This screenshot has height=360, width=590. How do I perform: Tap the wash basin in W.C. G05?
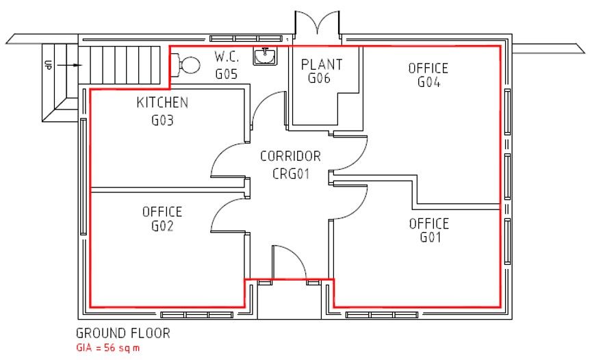[x=265, y=56]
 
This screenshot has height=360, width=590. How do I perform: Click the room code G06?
[x=319, y=78]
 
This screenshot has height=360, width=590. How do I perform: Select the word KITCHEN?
[x=162, y=103]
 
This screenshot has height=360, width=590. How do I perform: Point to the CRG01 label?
[x=291, y=174]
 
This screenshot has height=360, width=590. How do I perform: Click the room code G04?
[x=428, y=81]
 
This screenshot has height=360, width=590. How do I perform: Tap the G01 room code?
[x=430, y=237]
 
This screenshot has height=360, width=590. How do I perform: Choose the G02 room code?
[x=162, y=226]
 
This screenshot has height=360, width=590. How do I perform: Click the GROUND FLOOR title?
[x=123, y=333]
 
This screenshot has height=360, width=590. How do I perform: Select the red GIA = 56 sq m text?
[x=108, y=348]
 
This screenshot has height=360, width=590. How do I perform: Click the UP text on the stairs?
[x=48, y=65]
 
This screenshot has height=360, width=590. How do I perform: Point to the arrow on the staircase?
[x=70, y=65]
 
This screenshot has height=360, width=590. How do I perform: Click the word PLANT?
[x=322, y=65]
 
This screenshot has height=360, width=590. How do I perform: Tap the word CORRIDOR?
[x=290, y=156]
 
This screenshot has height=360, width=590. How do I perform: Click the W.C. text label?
[x=227, y=57]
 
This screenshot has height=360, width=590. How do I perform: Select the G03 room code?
[x=162, y=120]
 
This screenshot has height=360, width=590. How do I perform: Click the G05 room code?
[x=227, y=74]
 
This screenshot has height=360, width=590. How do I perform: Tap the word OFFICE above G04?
[x=428, y=68]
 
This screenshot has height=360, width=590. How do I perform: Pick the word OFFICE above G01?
[x=429, y=224]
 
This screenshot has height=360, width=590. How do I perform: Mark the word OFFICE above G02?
[x=162, y=211]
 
